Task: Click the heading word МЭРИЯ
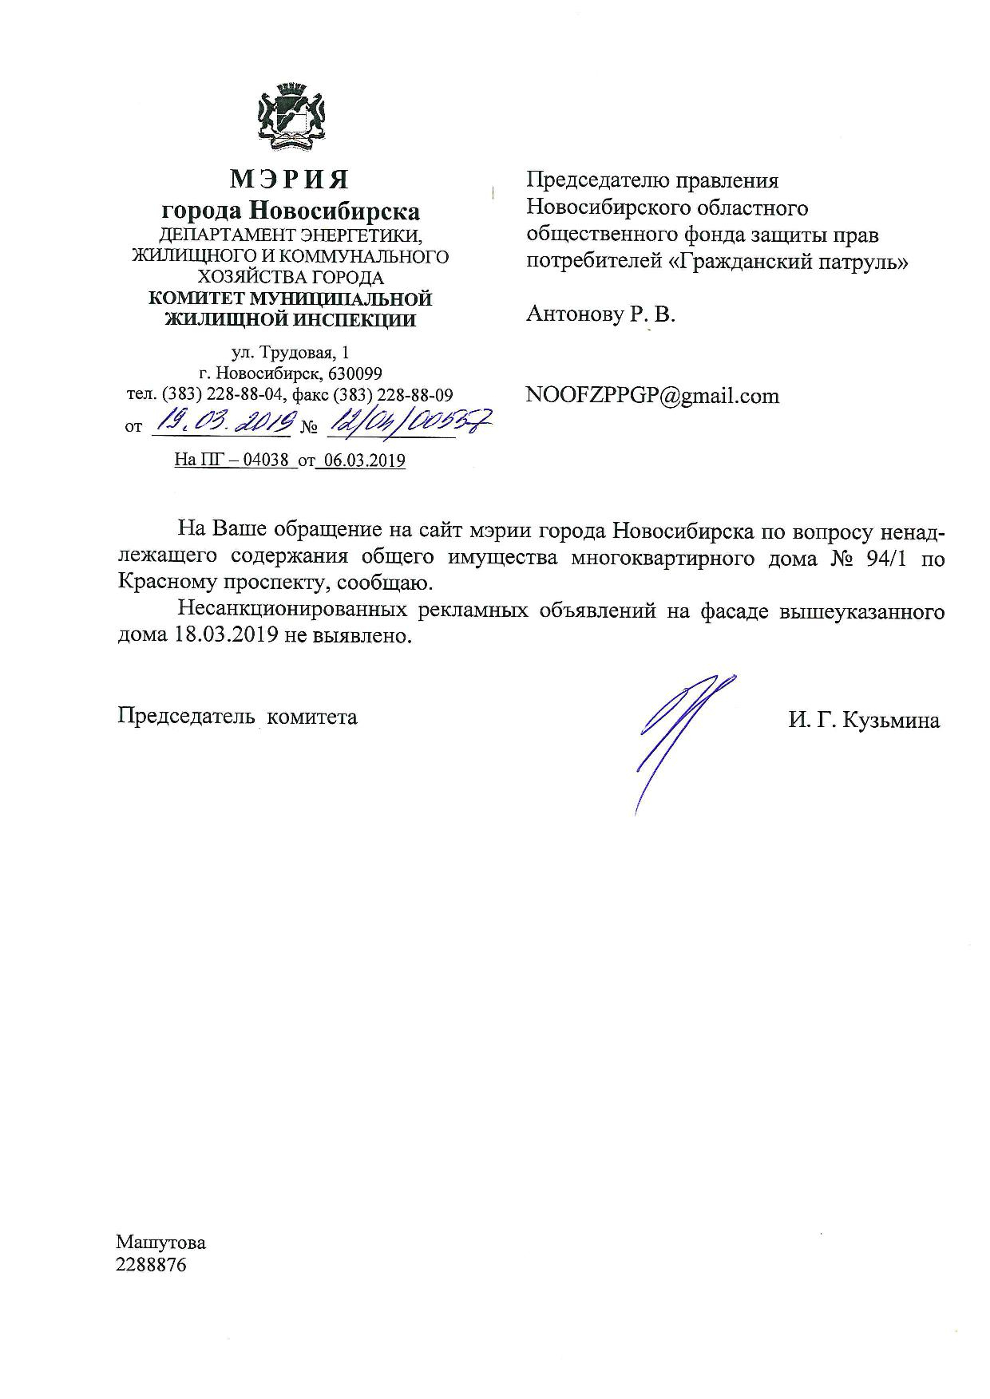pyautogui.click(x=290, y=180)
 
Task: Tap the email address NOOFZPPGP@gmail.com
pyautogui.click(x=652, y=396)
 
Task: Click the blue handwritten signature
pyautogui.click(x=679, y=734)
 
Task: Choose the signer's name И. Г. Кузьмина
pyautogui.click(x=864, y=721)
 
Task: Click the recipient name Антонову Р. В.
pyautogui.click(x=600, y=314)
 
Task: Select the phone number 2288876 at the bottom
pyautogui.click(x=151, y=1265)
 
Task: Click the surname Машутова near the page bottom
pyautogui.click(x=160, y=1243)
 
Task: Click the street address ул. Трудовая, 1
pyautogui.click(x=290, y=352)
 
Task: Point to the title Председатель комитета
pyautogui.click(x=237, y=717)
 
